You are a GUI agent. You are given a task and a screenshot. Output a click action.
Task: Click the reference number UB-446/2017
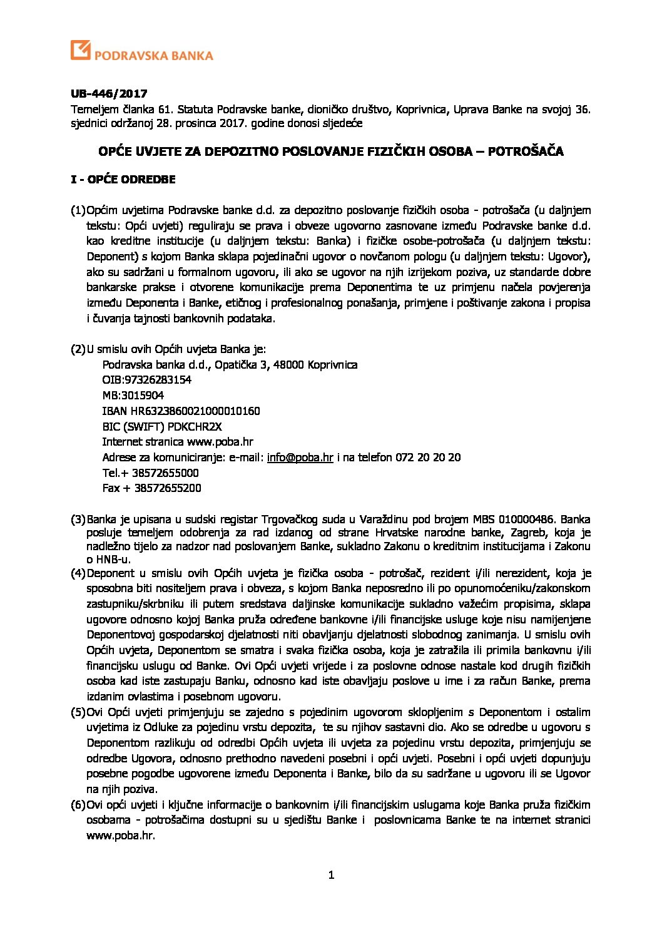coord(108,94)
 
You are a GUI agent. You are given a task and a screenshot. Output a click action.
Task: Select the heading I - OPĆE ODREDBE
coord(123,180)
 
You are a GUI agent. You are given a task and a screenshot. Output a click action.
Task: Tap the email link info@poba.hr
coord(300,458)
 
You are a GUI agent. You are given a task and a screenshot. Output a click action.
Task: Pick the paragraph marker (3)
coord(78,520)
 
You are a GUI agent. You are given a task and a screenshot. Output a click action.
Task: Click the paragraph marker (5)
coord(78,712)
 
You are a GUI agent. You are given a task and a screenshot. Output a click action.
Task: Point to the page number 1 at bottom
coord(331,875)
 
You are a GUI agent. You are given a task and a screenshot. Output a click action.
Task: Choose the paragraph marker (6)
coord(78,804)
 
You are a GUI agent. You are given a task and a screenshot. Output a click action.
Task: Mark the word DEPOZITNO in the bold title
coord(237,151)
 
